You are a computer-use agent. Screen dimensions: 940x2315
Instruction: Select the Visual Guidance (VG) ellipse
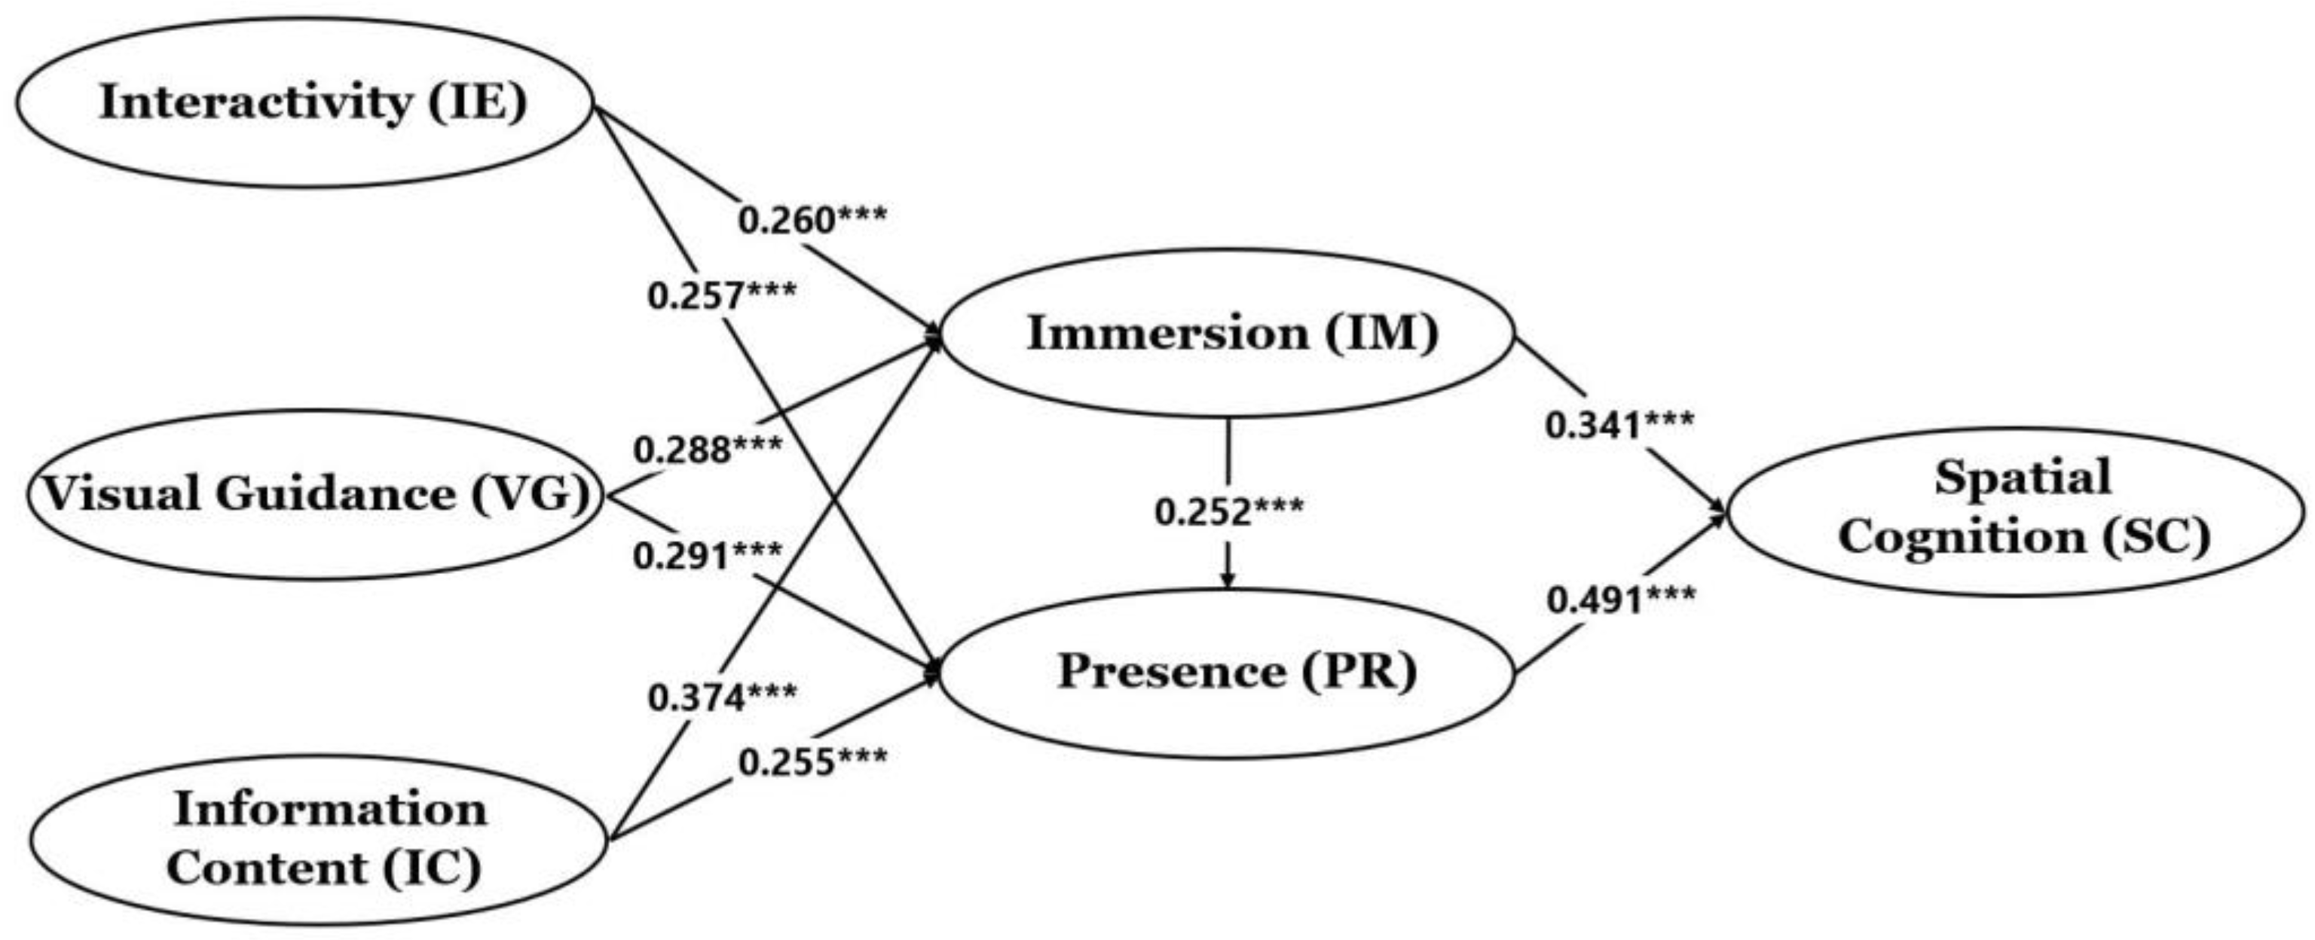(x=314, y=494)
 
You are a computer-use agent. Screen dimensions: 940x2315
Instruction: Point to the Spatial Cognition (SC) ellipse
(x=2017, y=511)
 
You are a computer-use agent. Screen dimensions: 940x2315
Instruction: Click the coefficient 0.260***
(x=812, y=219)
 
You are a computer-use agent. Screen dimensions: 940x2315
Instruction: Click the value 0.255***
(x=812, y=762)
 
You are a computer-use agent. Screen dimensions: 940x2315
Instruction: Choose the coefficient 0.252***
(x=1228, y=512)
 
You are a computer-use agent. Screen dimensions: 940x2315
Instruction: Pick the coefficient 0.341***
(x=1619, y=425)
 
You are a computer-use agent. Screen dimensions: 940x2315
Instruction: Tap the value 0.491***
(x=1621, y=600)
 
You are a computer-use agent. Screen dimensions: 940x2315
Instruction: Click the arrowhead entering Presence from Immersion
(x=1228, y=581)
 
